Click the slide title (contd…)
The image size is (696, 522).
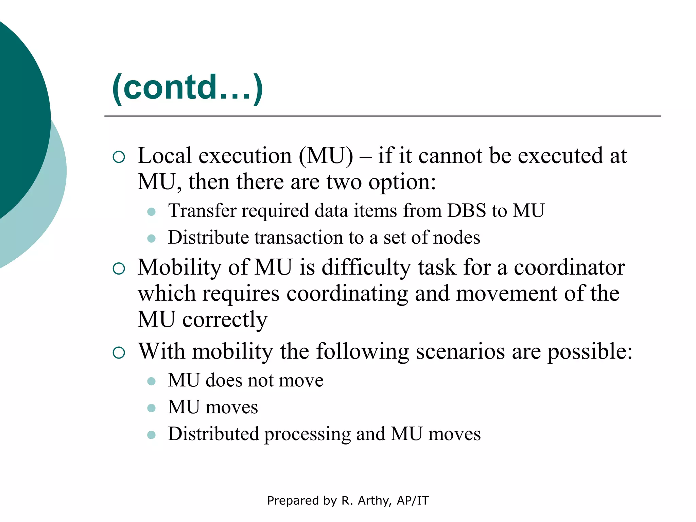pos(187,87)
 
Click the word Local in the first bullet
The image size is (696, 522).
pos(164,156)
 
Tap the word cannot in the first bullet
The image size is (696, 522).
pos(450,156)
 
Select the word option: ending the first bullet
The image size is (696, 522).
pos(402,182)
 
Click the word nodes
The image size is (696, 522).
pos(457,238)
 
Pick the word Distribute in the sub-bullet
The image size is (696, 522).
pos(208,238)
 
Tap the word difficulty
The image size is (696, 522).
pos(366,267)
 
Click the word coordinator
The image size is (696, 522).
pos(569,267)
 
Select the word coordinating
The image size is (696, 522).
pos(347,294)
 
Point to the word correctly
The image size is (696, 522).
pos(225,320)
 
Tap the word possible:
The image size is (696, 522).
pos(590,351)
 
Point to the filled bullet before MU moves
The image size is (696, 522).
pos(151,408)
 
